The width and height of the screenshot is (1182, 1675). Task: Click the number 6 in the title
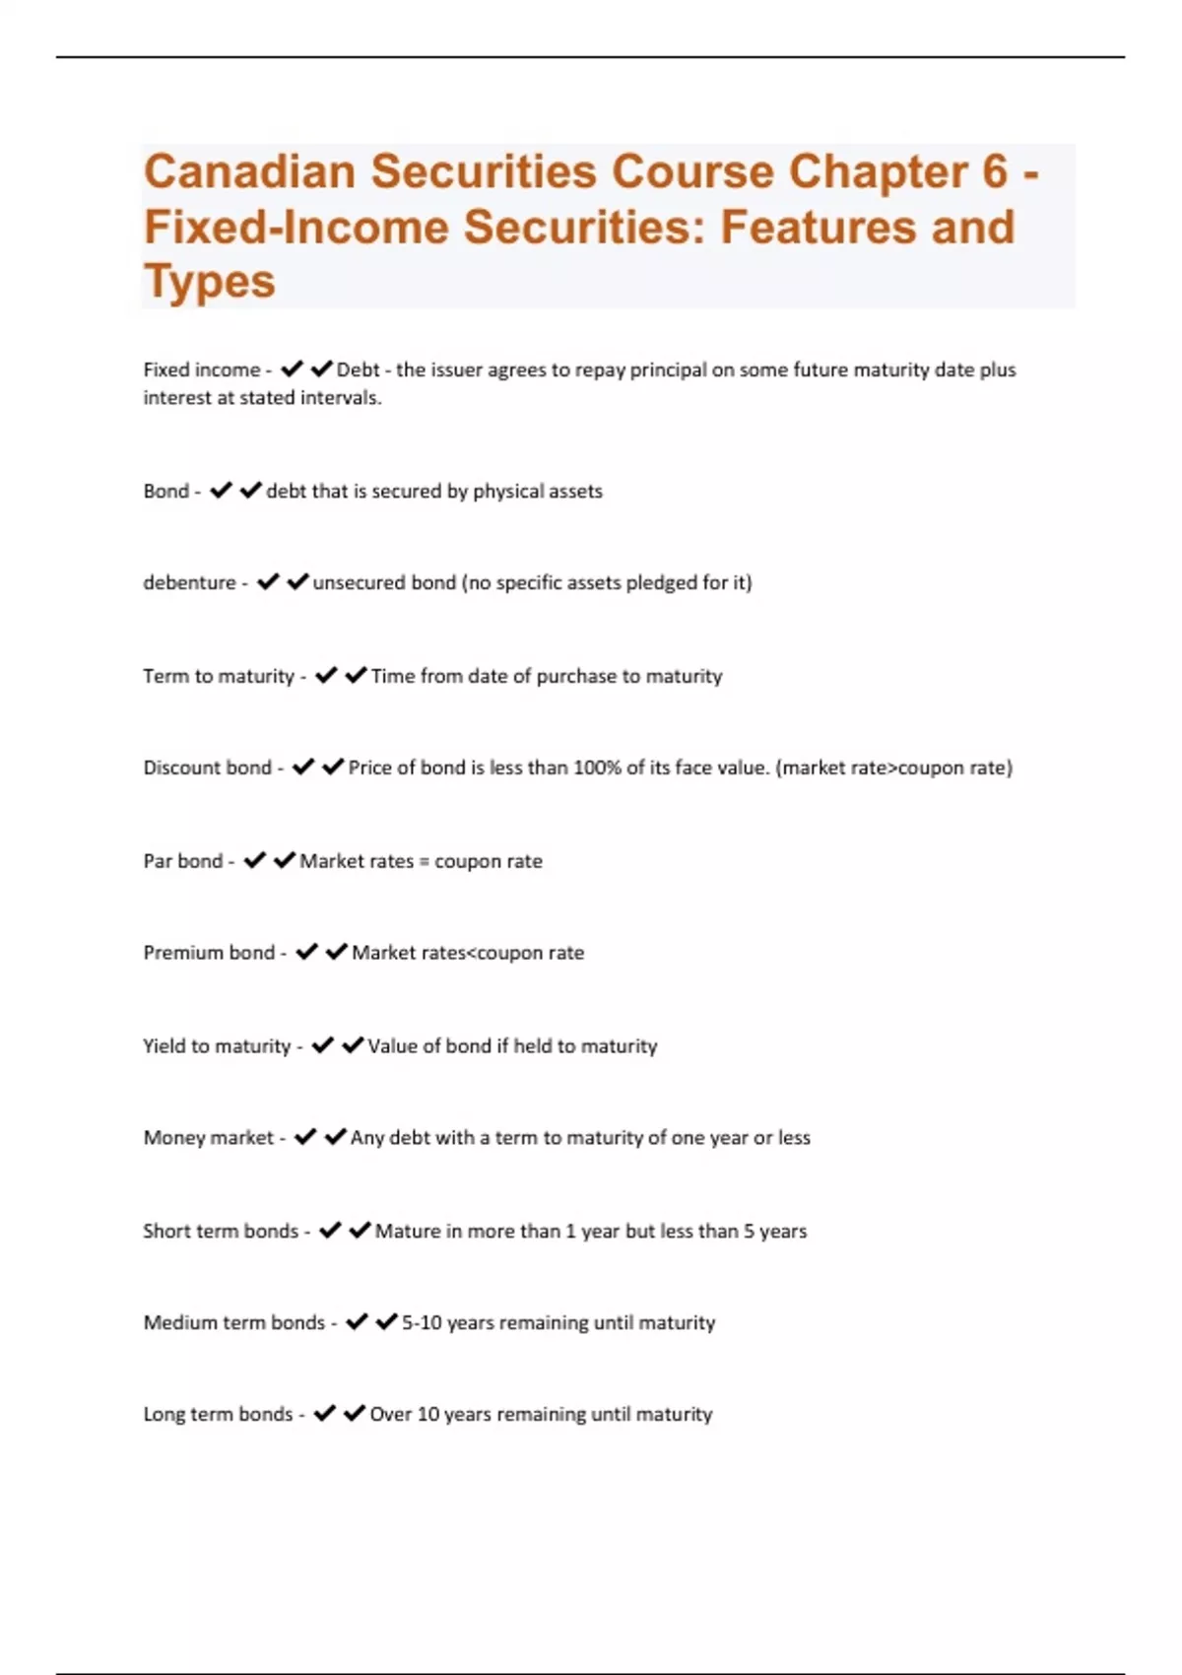(995, 171)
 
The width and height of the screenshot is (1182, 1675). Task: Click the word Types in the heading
(210, 282)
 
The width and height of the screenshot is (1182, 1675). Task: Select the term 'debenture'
(189, 582)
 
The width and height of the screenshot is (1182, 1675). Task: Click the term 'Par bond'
(183, 861)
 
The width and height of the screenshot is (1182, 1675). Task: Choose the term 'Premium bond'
(209, 953)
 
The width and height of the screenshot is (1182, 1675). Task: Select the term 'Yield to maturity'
(217, 1046)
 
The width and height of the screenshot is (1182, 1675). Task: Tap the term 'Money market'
(209, 1138)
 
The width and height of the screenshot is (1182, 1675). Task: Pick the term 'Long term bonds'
(218, 1414)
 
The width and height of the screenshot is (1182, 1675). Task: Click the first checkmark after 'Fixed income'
(292, 369)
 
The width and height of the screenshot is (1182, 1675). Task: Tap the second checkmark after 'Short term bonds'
(361, 1231)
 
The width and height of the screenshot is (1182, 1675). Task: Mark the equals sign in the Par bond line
(425, 862)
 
